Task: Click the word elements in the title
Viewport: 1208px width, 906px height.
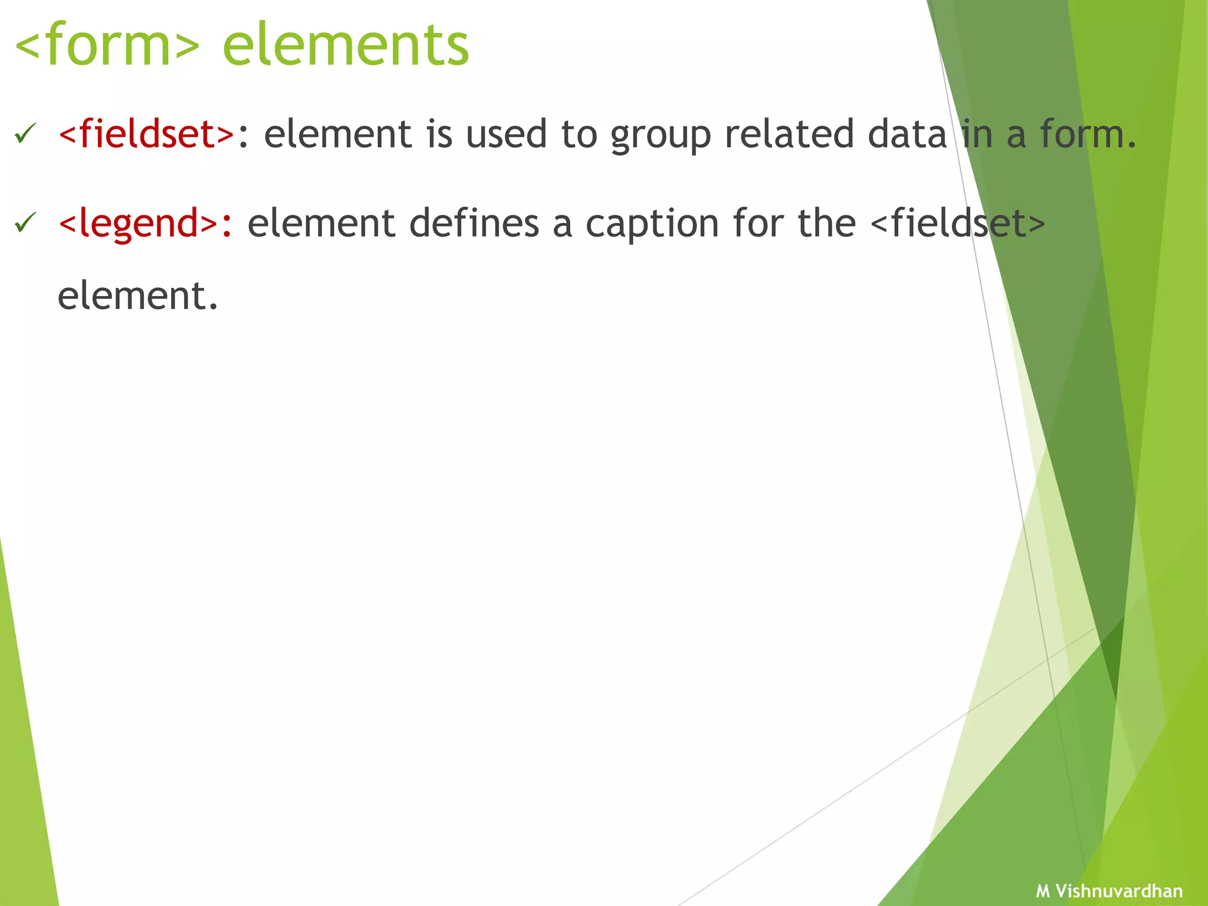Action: (x=346, y=46)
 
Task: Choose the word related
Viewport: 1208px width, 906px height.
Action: (x=789, y=134)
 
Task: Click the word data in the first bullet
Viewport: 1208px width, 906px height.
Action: (x=907, y=134)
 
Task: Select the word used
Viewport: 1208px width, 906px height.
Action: (x=506, y=134)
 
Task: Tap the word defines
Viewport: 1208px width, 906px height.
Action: (x=474, y=224)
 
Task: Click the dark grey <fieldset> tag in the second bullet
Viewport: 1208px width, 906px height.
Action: (x=957, y=224)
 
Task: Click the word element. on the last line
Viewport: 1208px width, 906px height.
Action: (x=138, y=296)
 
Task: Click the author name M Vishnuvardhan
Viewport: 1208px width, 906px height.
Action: (x=1109, y=891)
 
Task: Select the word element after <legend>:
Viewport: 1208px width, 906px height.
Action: (x=321, y=224)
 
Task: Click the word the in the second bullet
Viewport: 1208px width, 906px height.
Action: (x=826, y=224)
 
